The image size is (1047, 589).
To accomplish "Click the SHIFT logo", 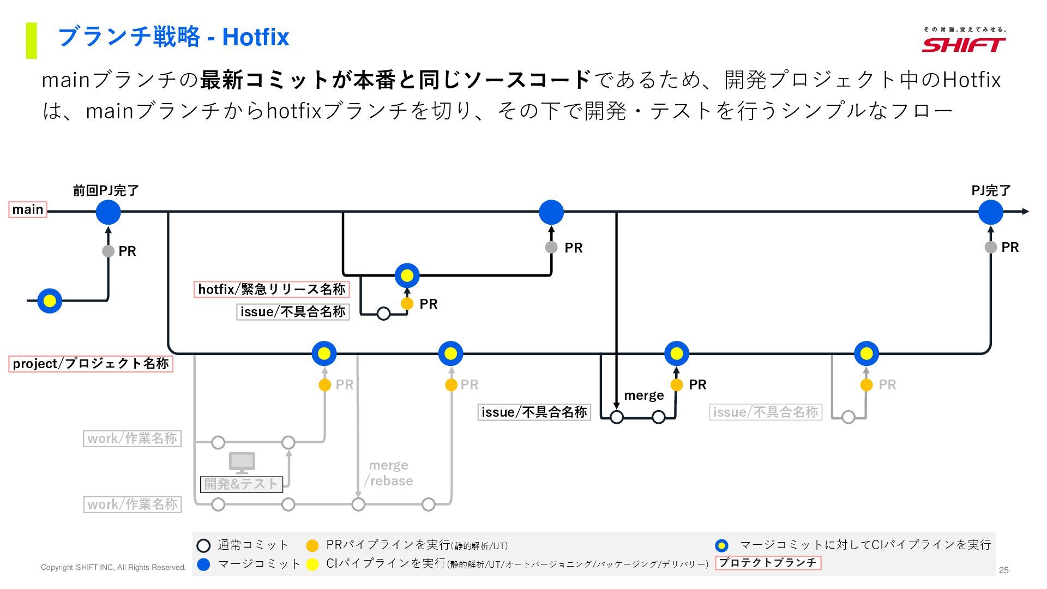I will pos(964,41).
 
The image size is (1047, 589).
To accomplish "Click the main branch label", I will pos(28,209).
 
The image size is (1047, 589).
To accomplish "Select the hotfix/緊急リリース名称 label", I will pos(271,289).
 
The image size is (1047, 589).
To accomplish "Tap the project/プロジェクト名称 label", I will pos(91,364).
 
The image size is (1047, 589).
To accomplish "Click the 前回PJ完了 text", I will pos(106,190).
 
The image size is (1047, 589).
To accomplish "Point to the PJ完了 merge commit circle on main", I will pos(990,212).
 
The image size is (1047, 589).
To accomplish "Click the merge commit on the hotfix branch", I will pos(407,275).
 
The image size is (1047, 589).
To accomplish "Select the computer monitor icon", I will pos(242,463).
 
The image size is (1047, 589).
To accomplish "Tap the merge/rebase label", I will pos(389,473).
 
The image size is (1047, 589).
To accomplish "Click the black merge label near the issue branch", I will pos(643,395).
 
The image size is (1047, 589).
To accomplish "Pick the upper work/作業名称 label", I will pos(132,438).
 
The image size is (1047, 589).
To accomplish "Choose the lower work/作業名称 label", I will pos(132,504).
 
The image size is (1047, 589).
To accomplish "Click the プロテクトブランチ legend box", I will pos(768,563).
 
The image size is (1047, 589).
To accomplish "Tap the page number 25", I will pos(1003,570).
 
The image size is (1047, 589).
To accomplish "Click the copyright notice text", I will pos(113,568).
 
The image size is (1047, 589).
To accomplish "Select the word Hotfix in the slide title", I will pos(255,37).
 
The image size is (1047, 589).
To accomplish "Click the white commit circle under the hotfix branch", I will pos(383,314).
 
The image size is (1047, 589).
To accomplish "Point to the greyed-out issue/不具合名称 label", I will pos(765,412).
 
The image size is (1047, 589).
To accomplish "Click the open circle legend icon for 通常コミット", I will pos(203,545).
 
